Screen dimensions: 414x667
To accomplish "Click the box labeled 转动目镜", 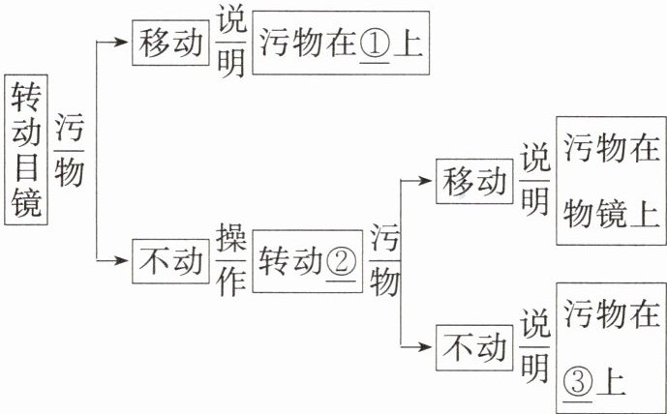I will (27, 150).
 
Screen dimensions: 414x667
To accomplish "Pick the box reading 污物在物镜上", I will (611, 180).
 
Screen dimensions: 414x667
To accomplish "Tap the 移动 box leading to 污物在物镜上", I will (474, 180).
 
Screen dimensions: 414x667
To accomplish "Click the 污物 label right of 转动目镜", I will (70, 150).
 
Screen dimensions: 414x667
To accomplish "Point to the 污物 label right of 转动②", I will (384, 260).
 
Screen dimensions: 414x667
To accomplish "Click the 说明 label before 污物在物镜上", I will (534, 180).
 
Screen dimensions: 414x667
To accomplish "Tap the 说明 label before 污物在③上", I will (534, 346).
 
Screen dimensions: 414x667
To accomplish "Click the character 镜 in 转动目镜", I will (27, 205).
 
